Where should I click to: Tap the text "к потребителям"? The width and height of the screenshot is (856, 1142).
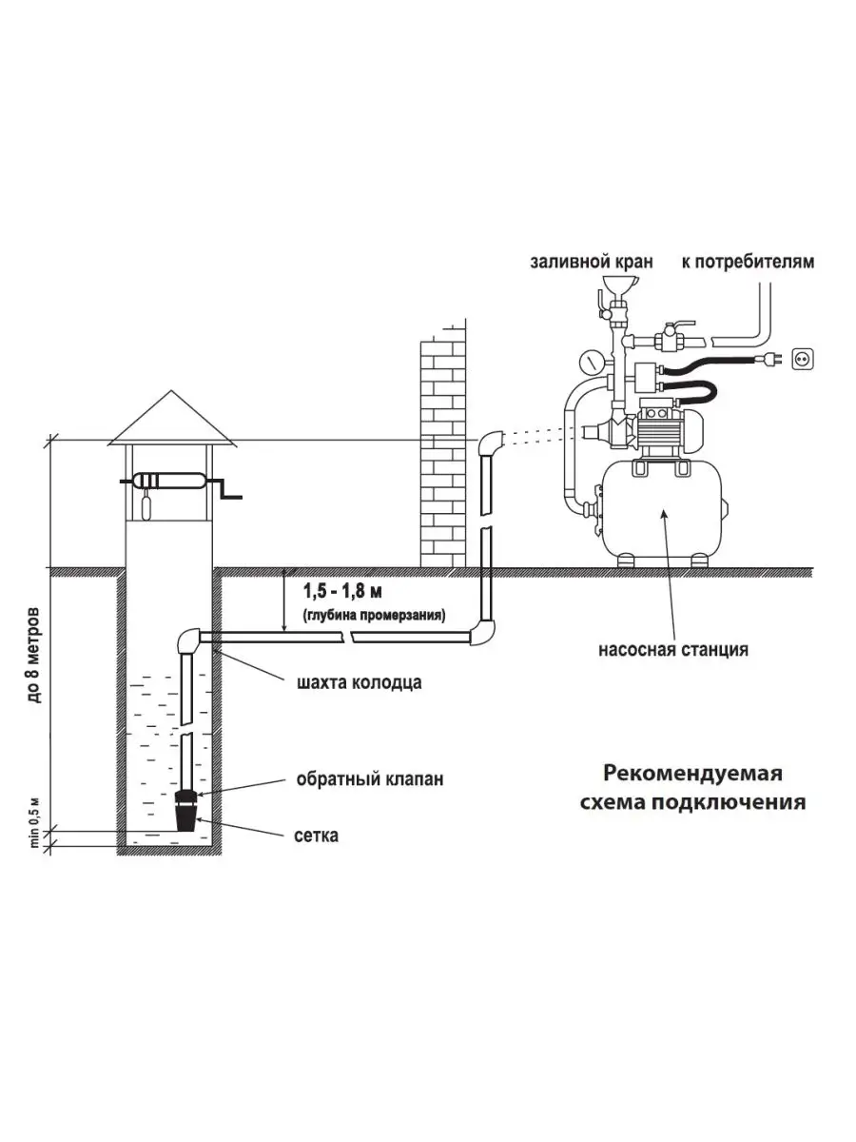748,262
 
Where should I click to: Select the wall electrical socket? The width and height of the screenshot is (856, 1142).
803,359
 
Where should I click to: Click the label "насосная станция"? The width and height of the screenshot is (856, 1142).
672,651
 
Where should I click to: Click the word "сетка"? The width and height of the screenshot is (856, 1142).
318,837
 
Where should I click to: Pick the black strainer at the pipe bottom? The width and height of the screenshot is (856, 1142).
188,816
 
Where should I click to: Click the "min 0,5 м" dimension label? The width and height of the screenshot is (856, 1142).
35,821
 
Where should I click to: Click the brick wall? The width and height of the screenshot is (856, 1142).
443,447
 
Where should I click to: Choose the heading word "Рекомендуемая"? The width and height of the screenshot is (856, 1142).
692,772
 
